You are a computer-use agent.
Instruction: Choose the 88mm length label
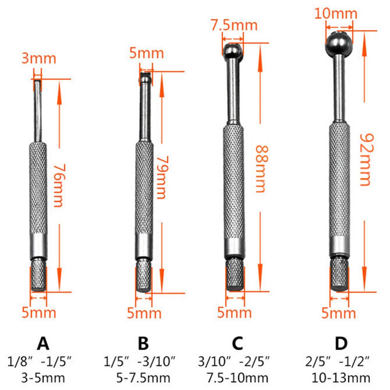(261, 169)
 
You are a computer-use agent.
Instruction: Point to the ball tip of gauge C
(234, 50)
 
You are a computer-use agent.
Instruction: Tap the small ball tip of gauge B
(145, 77)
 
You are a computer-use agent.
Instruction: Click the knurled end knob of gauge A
(39, 278)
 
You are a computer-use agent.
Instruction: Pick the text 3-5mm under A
(43, 378)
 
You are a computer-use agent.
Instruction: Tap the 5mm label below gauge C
(235, 313)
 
